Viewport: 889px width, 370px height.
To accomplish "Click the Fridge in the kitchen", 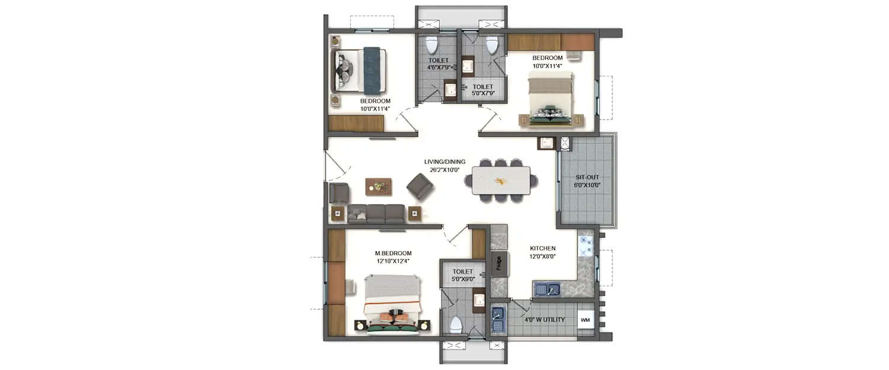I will [x=499, y=263].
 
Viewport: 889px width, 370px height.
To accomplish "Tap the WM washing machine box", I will [x=585, y=320].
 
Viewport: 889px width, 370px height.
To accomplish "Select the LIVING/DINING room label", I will [x=444, y=162].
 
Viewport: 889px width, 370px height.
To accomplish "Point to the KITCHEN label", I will [x=542, y=248].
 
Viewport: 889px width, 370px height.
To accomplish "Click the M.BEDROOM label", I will [x=393, y=253].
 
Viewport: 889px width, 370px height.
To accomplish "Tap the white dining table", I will [x=501, y=181].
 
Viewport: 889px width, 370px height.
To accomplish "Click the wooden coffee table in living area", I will [x=379, y=186].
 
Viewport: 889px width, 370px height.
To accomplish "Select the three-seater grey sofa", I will [x=376, y=214].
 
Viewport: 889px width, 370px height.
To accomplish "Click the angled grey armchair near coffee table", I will [x=420, y=186].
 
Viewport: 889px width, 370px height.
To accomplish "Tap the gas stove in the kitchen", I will [x=585, y=245].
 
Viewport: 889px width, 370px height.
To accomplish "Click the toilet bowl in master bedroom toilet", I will [x=455, y=324].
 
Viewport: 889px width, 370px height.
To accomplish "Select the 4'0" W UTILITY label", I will [x=544, y=320].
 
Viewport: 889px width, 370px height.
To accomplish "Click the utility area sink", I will [x=497, y=320].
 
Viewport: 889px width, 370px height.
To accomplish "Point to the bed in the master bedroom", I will [x=392, y=304].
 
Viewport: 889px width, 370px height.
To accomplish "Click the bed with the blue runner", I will [x=361, y=70].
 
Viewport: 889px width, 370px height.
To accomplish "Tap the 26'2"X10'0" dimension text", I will [x=444, y=170].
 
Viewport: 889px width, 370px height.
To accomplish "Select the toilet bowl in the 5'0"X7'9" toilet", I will [x=491, y=45].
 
